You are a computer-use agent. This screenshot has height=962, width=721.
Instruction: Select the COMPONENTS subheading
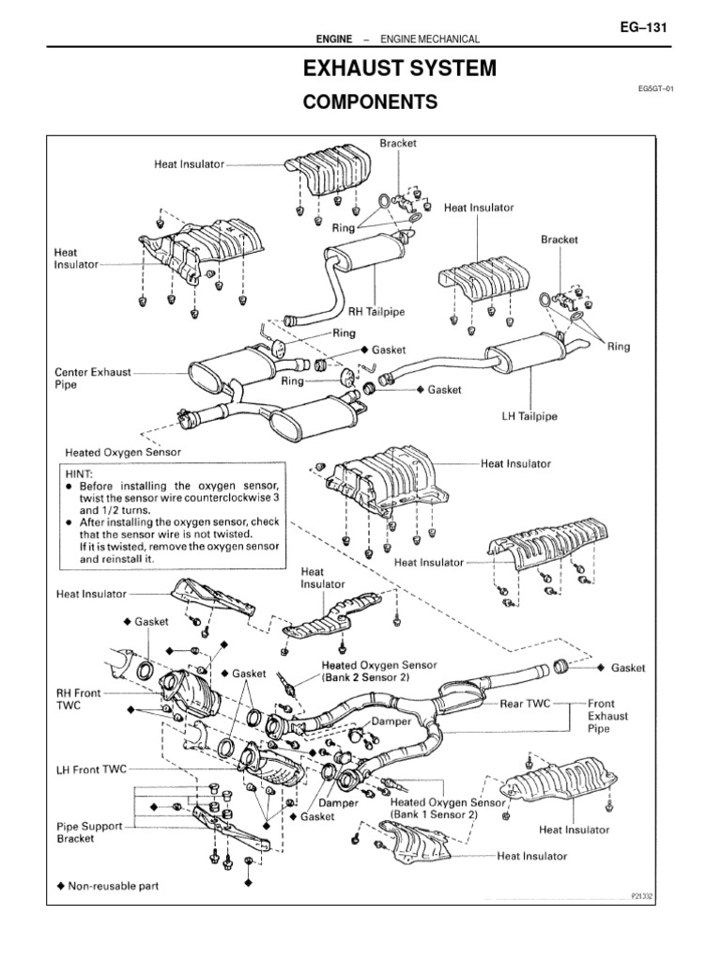tap(369, 103)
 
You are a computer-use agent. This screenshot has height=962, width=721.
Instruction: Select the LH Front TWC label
tap(91, 768)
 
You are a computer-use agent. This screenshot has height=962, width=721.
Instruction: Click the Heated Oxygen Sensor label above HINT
tap(123, 451)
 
